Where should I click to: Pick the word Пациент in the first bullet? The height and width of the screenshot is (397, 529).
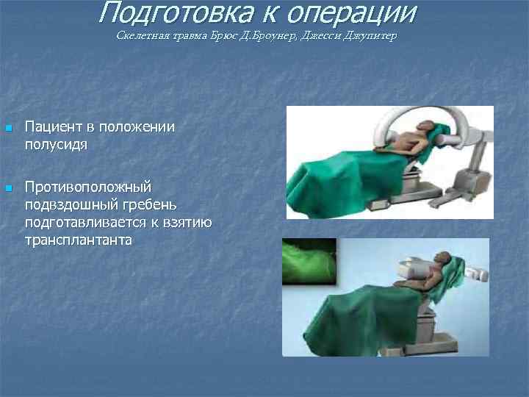pos(52,127)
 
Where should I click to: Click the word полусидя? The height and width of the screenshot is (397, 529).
pos(56,144)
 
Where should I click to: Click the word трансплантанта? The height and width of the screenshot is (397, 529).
pos(79,239)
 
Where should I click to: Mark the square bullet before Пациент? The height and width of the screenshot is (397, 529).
pos(8,129)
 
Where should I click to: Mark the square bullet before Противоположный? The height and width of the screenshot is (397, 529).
pos(8,189)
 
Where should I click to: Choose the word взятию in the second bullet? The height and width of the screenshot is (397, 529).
pos(185,221)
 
